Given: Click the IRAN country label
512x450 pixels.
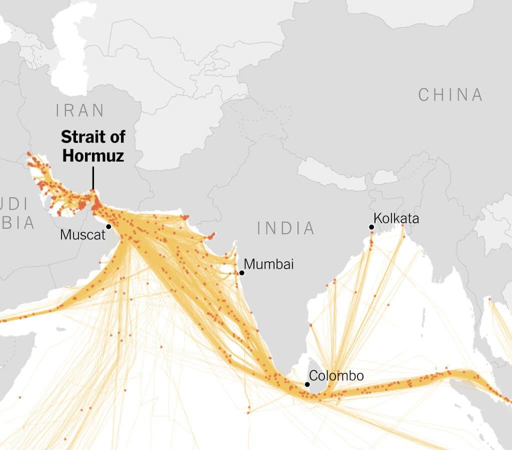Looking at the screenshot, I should [80, 110].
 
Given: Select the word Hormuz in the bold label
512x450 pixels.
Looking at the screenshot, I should [93, 155].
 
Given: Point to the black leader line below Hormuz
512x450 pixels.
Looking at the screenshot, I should [93, 178].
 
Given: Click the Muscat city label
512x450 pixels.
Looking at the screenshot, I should [82, 234].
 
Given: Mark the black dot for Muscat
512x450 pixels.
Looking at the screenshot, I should [108, 227].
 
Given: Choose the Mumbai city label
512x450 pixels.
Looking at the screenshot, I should [268, 264].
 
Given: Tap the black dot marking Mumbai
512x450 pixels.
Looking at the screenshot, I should [241, 273].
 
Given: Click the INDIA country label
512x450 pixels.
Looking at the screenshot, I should [286, 228].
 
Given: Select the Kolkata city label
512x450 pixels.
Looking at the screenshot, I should [396, 218].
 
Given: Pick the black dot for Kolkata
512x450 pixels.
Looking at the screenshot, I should [371, 227].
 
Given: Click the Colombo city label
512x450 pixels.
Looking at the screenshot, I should [336, 376].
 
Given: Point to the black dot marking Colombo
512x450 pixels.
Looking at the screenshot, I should [307, 384].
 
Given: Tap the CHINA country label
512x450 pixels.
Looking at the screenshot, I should [450, 95].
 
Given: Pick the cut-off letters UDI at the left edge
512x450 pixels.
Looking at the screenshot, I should [13, 204].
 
